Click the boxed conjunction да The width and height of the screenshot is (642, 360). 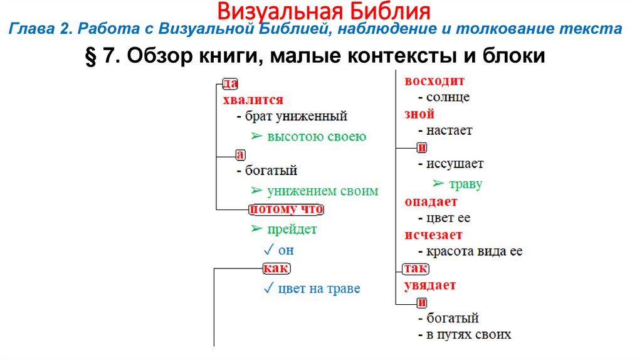[230, 83]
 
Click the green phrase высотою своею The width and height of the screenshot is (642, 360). [316, 137]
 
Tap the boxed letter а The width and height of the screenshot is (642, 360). [239, 154]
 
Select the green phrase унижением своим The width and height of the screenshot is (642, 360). [322, 191]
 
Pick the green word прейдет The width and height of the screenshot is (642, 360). [292, 229]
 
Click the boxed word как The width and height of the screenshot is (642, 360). [275, 268]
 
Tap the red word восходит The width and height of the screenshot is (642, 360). [434, 81]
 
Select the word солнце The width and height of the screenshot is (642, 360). [448, 97]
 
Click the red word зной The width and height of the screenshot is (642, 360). [419, 114]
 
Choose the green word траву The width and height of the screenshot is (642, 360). [465, 184]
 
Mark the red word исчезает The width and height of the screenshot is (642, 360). [433, 235]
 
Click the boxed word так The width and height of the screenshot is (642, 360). [415, 268]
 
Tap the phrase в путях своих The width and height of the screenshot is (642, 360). [468, 334]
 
